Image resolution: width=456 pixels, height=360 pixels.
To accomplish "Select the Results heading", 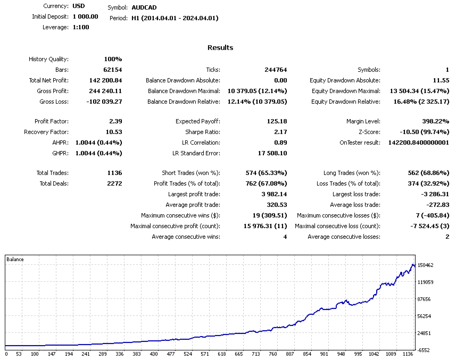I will [220, 48].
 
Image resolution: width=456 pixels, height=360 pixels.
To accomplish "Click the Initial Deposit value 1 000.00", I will [86, 16].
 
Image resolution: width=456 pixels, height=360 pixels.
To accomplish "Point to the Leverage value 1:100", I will [81, 27].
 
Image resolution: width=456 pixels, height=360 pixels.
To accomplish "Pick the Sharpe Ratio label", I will [203, 132].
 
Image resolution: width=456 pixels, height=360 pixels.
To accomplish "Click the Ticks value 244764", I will [276, 70].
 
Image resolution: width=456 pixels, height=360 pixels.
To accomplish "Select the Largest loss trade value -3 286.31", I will [433, 194].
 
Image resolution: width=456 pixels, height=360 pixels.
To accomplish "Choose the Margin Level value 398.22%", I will [434, 121].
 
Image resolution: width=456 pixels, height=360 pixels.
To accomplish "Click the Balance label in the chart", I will [15, 259].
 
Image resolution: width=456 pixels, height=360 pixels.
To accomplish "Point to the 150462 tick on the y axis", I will [426, 265].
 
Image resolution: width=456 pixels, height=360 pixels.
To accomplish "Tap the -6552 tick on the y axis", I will [424, 350].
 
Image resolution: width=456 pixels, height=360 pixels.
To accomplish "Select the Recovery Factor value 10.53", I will [113, 132].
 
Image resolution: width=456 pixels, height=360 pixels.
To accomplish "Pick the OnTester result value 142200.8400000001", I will [418, 143].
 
